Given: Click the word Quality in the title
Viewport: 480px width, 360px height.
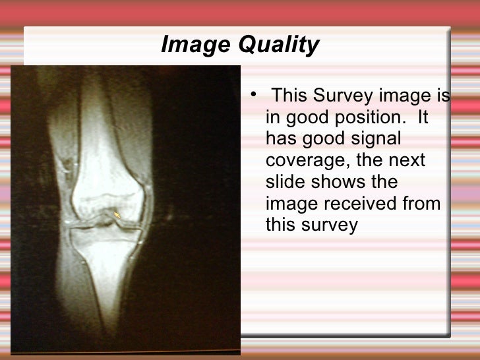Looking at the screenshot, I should point(278,45).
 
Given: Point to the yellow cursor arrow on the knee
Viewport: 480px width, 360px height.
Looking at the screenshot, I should point(117,214).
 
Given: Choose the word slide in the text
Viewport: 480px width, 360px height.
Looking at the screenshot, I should point(286,182).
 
